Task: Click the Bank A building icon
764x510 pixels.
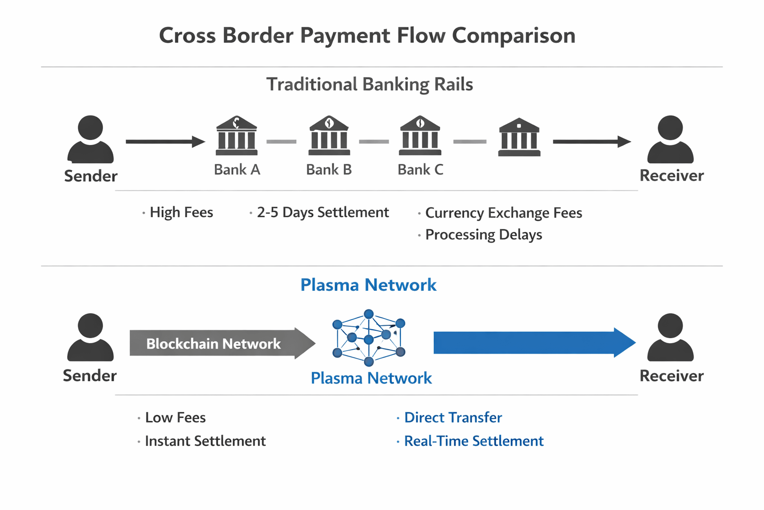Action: pyautogui.click(x=237, y=135)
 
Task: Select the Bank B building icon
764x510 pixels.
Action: pyautogui.click(x=329, y=135)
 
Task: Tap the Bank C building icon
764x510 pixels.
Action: pyautogui.click(x=420, y=135)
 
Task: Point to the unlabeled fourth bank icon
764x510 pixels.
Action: pyautogui.click(x=519, y=137)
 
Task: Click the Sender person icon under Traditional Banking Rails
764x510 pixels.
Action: pyautogui.click(x=91, y=139)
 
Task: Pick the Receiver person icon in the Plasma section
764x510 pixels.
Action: pyautogui.click(x=670, y=337)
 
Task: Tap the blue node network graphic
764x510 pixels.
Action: pyautogui.click(x=369, y=338)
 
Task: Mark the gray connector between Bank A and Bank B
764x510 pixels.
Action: pyautogui.click(x=282, y=142)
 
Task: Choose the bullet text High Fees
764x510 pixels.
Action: pyautogui.click(x=181, y=213)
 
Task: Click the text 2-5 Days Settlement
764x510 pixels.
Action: pyautogui.click(x=322, y=213)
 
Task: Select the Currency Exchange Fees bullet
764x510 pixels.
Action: pyautogui.click(x=503, y=213)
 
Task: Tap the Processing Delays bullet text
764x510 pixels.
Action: pyautogui.click(x=483, y=235)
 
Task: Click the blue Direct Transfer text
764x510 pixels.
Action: pyautogui.click(x=453, y=417)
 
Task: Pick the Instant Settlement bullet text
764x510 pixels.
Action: pyautogui.click(x=205, y=441)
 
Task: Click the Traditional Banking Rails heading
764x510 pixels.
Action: pyautogui.click(x=370, y=84)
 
